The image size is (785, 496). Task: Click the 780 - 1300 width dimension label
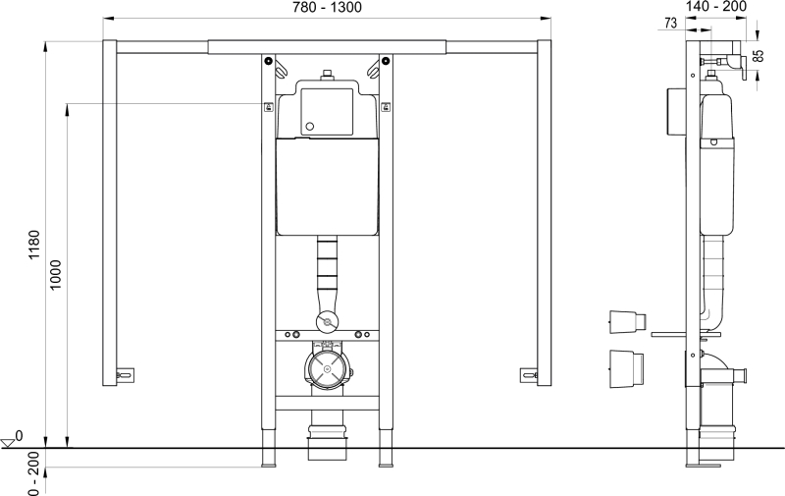(x=327, y=8)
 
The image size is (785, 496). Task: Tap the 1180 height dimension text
(x=34, y=245)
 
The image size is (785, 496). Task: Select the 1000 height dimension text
(x=56, y=275)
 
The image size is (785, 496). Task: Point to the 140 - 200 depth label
(x=716, y=7)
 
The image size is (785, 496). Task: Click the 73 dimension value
(x=671, y=23)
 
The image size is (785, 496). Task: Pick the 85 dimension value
(x=759, y=56)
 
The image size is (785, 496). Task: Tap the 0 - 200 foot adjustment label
(x=34, y=474)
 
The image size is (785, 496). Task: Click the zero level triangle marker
(x=8, y=443)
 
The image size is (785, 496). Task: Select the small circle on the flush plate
(x=310, y=127)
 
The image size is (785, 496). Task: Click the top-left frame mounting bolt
(x=269, y=62)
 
